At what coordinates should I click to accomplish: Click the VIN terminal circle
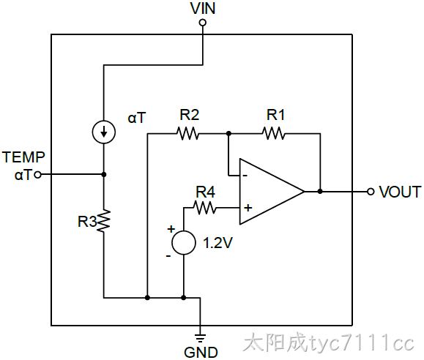click(203, 23)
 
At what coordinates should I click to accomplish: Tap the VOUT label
click(400, 192)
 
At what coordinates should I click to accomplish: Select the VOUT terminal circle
click(371, 192)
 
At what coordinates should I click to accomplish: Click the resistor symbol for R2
click(187, 133)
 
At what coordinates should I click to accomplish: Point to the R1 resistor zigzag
click(273, 133)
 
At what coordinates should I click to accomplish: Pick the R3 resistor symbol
click(104, 220)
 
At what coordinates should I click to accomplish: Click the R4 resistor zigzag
click(205, 208)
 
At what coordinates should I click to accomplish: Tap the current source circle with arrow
click(104, 132)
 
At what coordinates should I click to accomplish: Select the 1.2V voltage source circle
click(184, 242)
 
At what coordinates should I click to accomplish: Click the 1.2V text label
click(217, 243)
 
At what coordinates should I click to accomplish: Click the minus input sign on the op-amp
click(245, 176)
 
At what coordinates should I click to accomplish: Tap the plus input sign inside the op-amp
click(248, 208)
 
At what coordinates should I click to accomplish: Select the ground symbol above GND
click(200, 338)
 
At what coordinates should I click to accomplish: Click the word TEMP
click(23, 157)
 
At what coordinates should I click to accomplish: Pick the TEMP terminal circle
click(38, 175)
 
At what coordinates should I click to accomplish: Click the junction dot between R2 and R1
click(228, 133)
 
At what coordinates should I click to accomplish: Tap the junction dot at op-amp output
click(320, 192)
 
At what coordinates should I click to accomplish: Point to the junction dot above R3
click(104, 175)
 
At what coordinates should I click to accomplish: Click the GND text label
click(201, 353)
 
